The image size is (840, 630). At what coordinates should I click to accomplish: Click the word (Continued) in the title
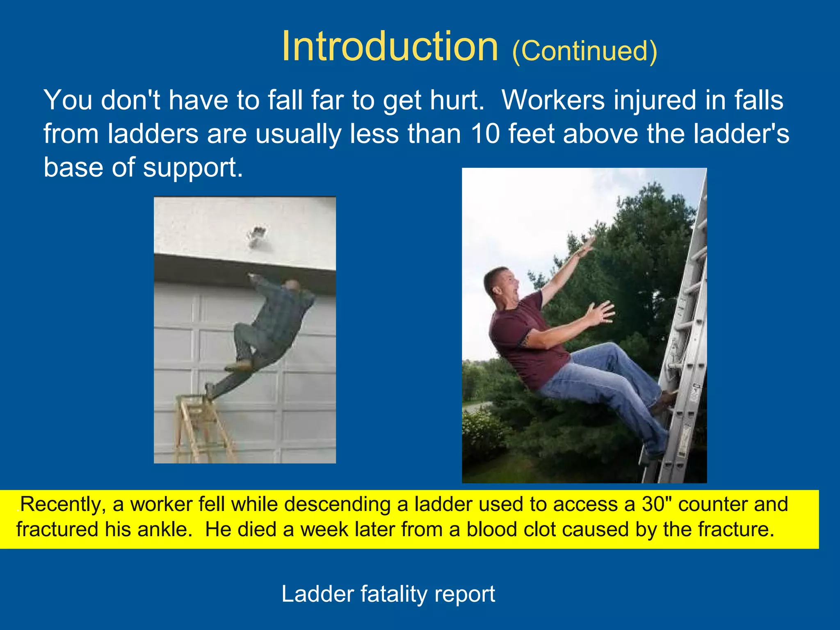click(584, 51)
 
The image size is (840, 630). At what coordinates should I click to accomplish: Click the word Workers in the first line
click(553, 100)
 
